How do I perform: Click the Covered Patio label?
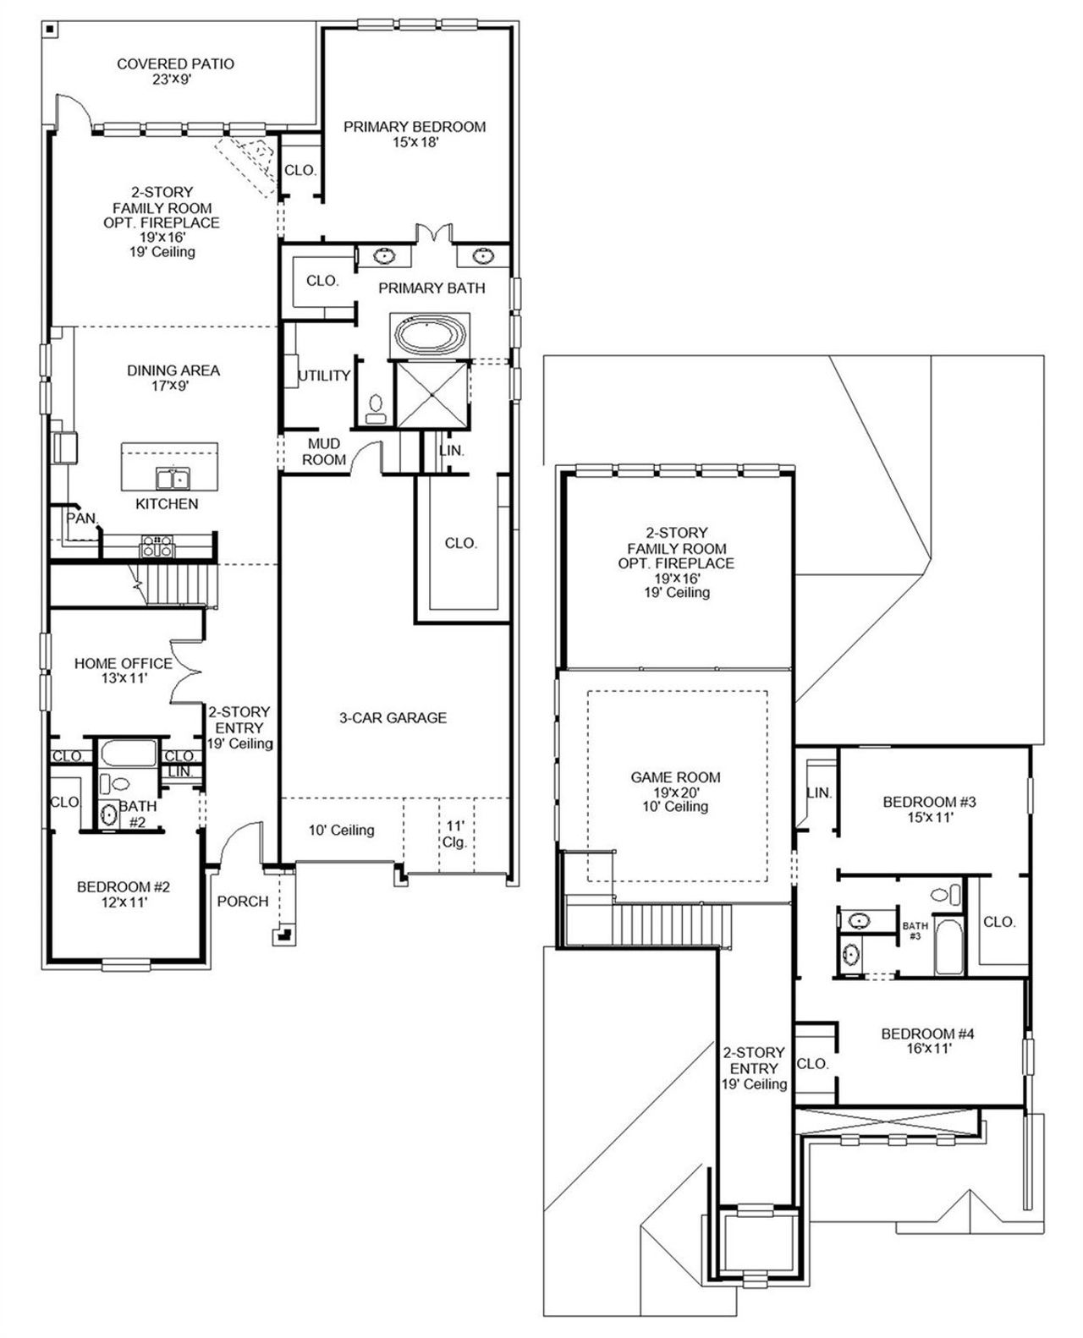175,71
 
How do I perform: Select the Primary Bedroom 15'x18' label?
415,134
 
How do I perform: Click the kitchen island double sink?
173,479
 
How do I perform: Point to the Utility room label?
324,376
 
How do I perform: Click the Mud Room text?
324,452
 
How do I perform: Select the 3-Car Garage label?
393,718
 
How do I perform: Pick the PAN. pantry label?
82,518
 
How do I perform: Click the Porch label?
243,902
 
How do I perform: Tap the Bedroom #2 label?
124,894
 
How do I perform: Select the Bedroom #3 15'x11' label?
929,809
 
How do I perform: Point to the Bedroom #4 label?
928,1041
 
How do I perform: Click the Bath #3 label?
915,930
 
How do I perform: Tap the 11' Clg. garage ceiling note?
454,834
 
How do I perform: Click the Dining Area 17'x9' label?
173,377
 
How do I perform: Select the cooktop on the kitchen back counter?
157,546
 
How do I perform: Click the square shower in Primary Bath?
432,394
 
